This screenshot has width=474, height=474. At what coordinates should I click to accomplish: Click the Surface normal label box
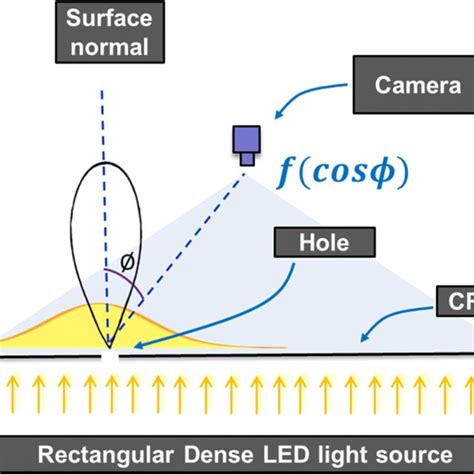click(x=109, y=33)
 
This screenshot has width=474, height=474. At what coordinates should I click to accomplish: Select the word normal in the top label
click(x=109, y=45)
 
